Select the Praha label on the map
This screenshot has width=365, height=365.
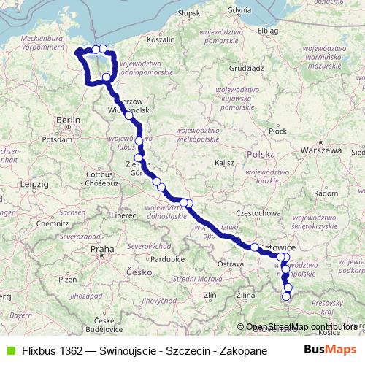[102, 249]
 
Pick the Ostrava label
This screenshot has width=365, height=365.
[231, 263]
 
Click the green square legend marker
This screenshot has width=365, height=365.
[9, 350]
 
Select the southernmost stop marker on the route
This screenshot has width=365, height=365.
[286, 296]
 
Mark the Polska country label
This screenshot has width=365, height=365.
[261, 154]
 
